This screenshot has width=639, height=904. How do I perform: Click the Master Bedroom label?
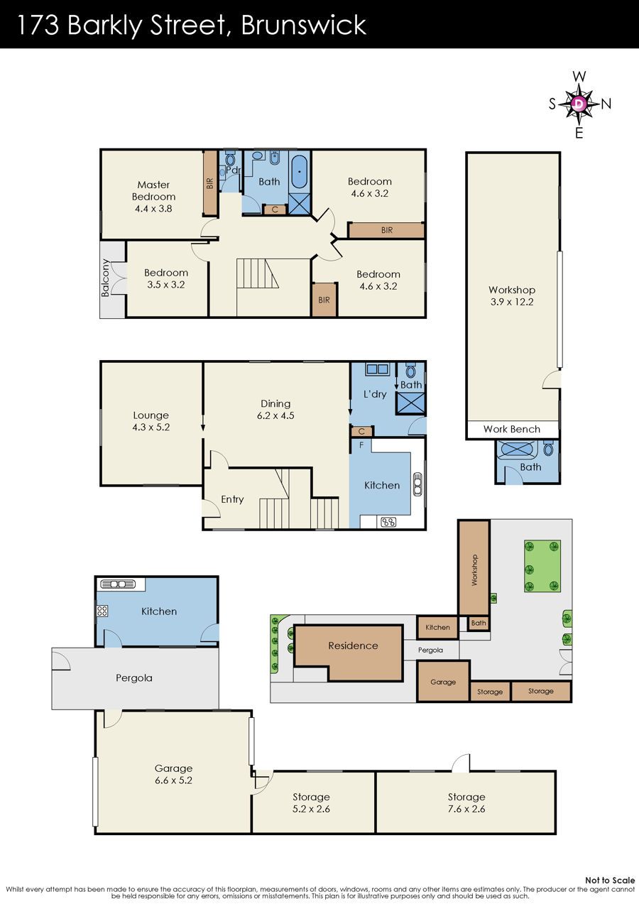coord(153,190)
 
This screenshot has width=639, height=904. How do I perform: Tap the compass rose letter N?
coord(606,104)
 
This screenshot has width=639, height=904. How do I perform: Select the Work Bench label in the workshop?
coord(511,429)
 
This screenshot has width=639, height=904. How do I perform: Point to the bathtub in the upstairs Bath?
coord(299,172)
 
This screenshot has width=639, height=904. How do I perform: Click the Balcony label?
coord(105,278)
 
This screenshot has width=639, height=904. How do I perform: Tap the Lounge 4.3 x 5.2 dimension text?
coord(151,427)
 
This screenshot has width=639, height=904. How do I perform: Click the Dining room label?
coord(275,403)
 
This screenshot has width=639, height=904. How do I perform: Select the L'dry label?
coord(375,394)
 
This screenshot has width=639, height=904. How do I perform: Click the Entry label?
coord(232,499)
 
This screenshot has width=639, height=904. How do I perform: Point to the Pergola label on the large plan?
coord(134,677)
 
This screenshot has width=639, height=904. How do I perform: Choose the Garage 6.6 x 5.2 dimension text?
coord(173,780)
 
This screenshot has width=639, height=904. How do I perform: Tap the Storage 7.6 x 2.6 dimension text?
coord(466,809)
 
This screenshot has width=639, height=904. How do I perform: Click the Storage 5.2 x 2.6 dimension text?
coord(312,809)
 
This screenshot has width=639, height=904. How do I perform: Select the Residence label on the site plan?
coord(353,646)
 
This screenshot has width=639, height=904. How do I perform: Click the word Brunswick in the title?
coord(304,25)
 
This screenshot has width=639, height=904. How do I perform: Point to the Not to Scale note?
coord(610,880)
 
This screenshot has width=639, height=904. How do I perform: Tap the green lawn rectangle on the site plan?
coord(542,566)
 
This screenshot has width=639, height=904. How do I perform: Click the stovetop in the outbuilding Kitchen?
coord(102,611)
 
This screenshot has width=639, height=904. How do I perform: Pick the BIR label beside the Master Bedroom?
coord(209,184)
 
